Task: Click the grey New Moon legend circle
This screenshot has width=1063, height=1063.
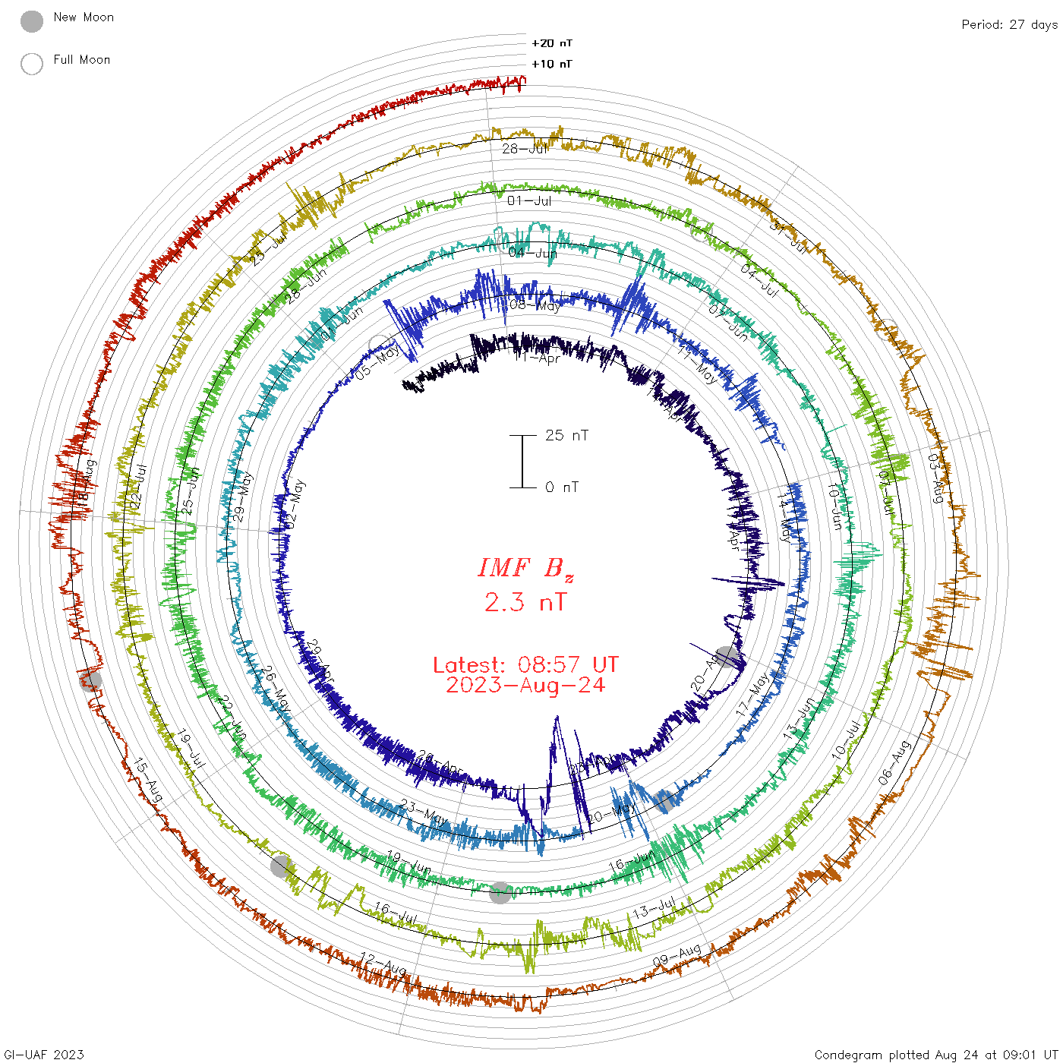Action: (x=32, y=22)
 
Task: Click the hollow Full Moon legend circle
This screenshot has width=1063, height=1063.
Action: (x=32, y=64)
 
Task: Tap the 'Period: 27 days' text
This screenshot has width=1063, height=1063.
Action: (x=1009, y=24)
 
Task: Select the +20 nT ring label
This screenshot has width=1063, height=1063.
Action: (x=551, y=43)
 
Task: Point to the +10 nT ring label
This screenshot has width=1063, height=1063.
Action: (x=551, y=64)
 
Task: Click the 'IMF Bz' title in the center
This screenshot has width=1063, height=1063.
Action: (x=525, y=568)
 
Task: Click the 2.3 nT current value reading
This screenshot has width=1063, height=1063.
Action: (x=525, y=602)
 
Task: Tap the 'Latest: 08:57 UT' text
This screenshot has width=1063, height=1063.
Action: (x=525, y=665)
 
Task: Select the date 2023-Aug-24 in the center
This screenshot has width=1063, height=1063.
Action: (x=525, y=685)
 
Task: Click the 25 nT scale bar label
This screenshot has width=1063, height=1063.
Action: (x=566, y=435)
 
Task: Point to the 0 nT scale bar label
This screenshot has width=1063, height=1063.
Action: (x=562, y=487)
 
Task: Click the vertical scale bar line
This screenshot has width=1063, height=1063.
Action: (x=522, y=461)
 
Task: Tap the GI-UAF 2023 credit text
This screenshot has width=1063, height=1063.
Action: (x=43, y=1055)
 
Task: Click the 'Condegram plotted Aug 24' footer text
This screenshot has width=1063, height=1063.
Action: (x=935, y=1055)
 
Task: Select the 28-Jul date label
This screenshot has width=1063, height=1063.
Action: (x=525, y=148)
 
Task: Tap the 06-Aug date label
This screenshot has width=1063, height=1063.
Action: (x=894, y=763)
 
